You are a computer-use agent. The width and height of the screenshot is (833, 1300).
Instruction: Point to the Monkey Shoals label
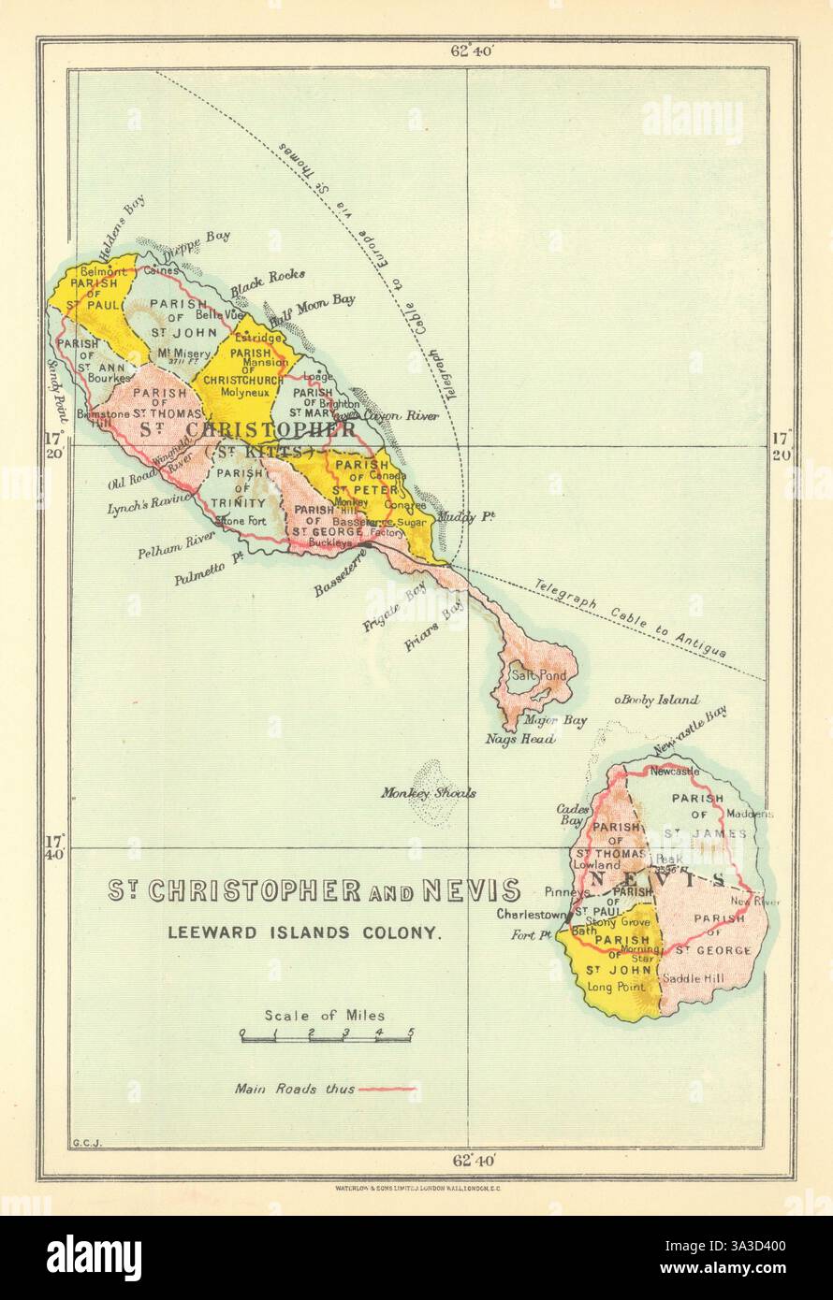428,792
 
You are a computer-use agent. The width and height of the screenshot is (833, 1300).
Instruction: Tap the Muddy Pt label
475,516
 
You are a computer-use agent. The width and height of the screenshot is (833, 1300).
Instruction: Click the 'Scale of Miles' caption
324,1015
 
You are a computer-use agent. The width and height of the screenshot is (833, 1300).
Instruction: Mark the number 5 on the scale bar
410,1033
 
